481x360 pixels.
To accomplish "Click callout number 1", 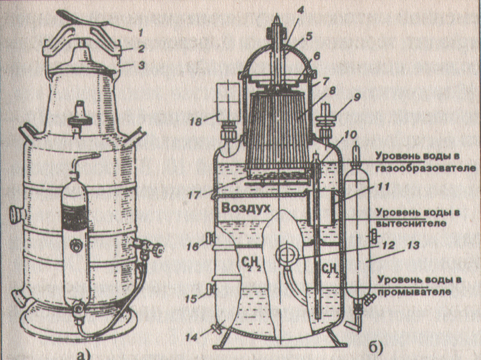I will point(140,32).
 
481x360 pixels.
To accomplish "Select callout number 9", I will point(356,97).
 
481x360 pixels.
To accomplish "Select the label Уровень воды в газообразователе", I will point(417,162).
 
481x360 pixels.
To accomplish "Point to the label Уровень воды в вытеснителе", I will point(417,217).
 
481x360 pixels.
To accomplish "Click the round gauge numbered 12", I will point(283,254).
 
